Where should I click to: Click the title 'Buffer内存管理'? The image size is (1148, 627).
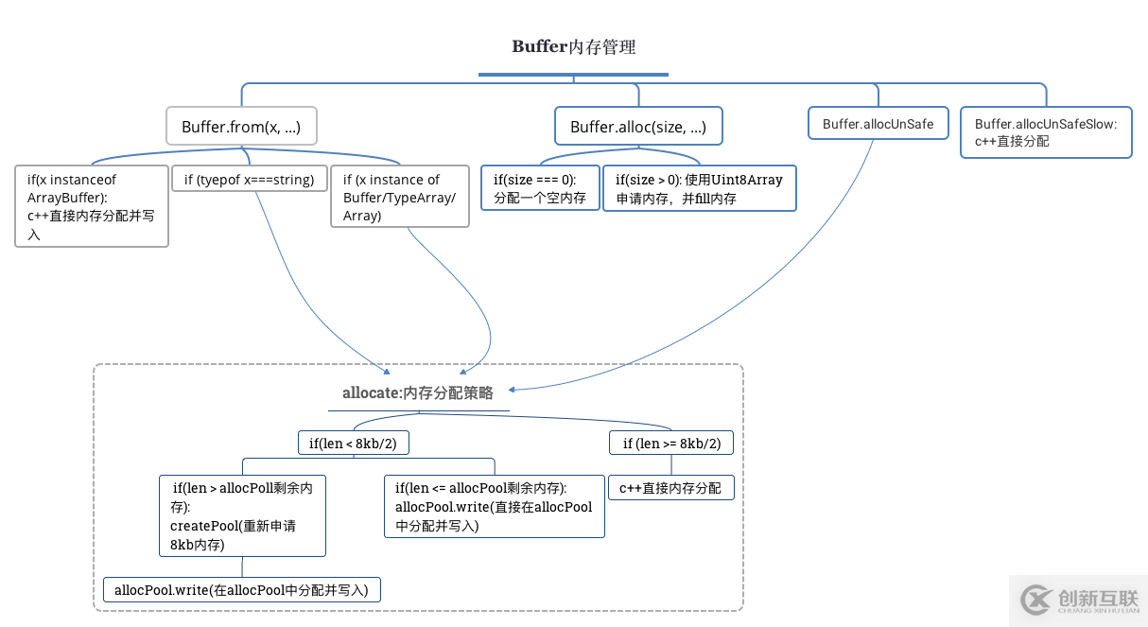click(573, 47)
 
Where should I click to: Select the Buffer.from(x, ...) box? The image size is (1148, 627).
click(241, 126)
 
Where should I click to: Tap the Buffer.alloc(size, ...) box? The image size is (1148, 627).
click(638, 127)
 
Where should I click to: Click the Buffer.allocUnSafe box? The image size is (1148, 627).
click(878, 124)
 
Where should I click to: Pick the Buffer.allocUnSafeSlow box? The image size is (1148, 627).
click(1046, 132)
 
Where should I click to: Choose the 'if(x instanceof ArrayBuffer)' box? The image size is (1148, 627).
click(92, 206)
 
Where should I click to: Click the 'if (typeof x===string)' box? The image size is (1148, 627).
click(250, 180)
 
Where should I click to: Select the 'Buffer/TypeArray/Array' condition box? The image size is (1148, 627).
click(399, 198)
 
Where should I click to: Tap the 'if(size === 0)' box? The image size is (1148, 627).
click(540, 188)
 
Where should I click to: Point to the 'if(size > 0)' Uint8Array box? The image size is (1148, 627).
click(699, 188)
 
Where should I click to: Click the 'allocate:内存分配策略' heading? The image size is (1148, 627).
click(418, 393)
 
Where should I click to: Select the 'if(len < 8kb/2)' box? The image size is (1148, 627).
click(354, 443)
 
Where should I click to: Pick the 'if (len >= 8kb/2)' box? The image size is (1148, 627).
click(671, 443)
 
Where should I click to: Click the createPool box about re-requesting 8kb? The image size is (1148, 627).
click(242, 515)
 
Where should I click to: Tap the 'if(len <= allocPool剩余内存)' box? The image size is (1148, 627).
click(494, 506)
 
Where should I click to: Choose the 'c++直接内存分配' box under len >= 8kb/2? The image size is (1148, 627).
click(670, 488)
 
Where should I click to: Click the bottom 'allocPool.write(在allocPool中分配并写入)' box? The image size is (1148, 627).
click(241, 590)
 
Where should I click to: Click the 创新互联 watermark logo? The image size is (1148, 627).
click(1078, 601)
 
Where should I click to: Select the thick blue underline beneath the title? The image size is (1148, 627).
click(573, 74)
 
